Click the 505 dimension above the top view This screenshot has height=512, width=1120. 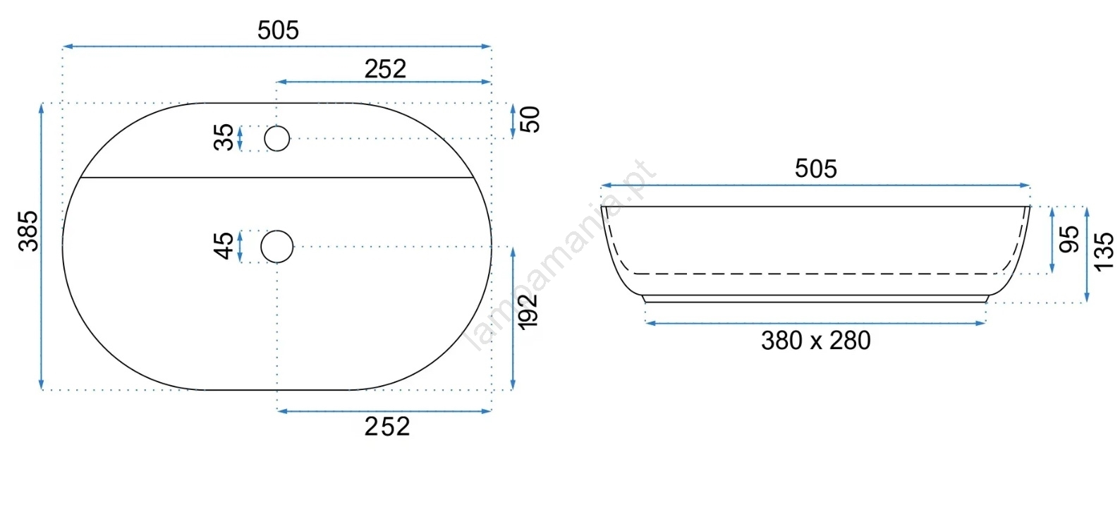tap(278, 30)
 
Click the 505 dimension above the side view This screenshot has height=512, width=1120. tap(815, 169)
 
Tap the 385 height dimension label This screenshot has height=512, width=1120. tap(28, 231)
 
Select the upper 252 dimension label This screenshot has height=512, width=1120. tap(385, 69)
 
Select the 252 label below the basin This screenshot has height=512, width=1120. tap(387, 427)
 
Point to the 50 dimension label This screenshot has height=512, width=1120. tap(530, 119)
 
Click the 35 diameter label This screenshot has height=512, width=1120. tap(224, 138)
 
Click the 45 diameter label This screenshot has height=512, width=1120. tap(224, 246)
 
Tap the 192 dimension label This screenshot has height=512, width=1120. tap(528, 312)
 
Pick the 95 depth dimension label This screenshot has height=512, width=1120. tap(1069, 240)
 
